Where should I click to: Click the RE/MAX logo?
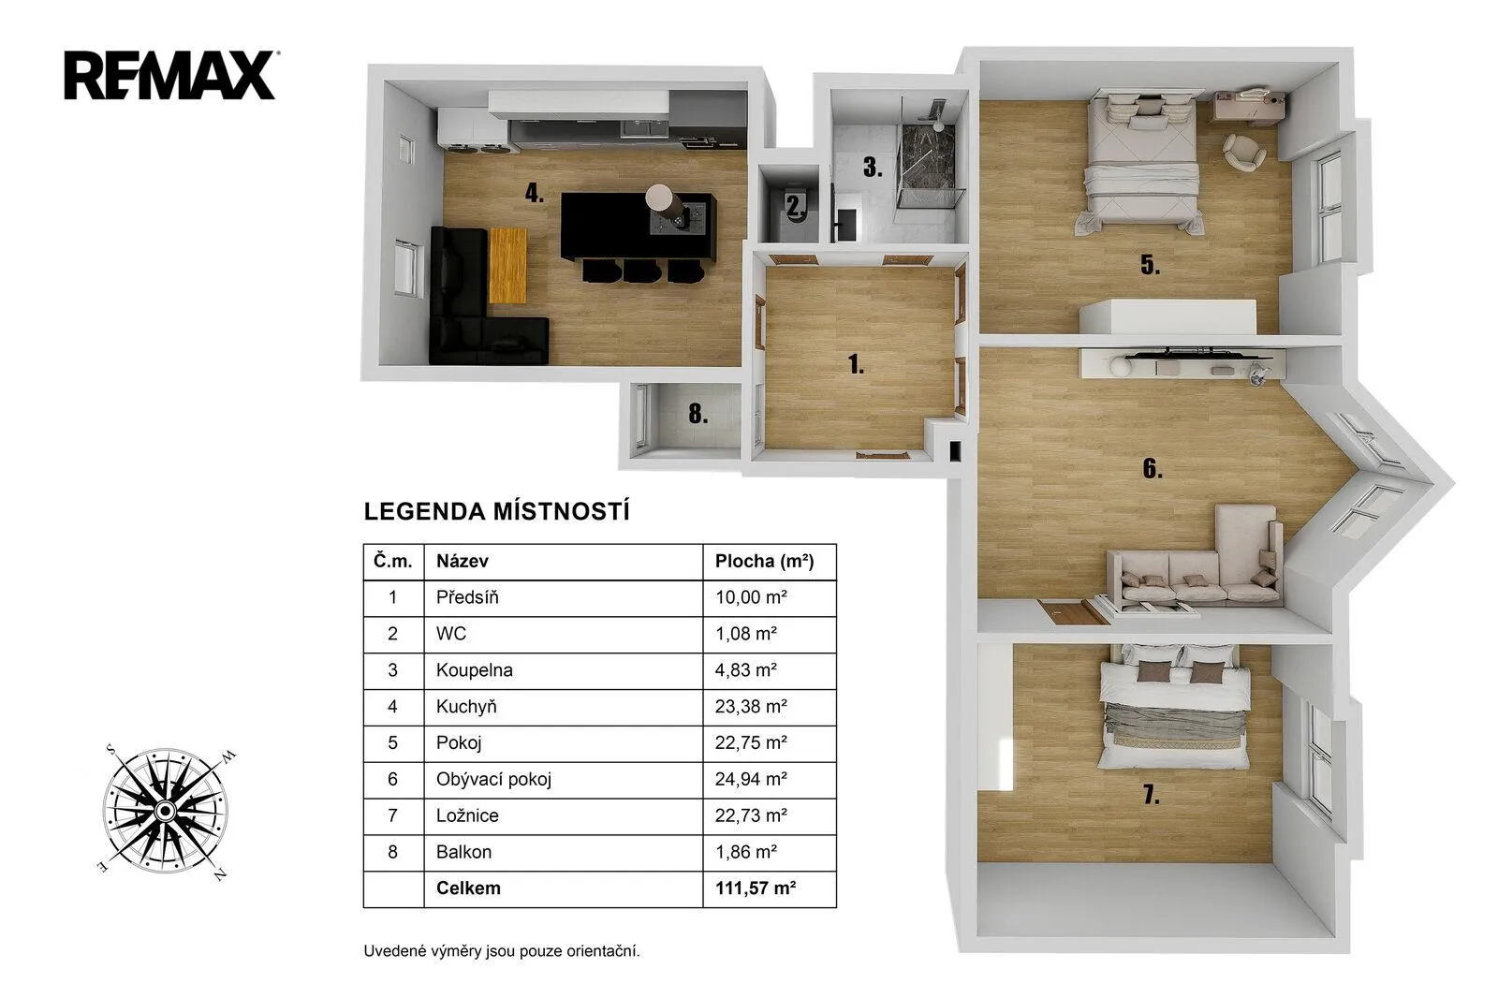(169, 76)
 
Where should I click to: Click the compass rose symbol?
(165, 810)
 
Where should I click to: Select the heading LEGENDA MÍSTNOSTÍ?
(496, 512)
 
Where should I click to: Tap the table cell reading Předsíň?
(563, 597)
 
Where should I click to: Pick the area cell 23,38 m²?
(769, 706)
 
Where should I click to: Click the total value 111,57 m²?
(769, 888)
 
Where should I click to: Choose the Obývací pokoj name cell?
(563, 779)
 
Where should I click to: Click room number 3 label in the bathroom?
(872, 168)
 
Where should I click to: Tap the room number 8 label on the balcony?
(698, 414)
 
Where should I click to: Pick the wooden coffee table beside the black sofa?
(507, 266)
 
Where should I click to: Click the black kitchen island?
(638, 226)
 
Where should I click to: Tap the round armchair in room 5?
(1244, 152)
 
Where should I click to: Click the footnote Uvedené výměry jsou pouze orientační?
(502, 951)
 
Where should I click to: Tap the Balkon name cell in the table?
(563, 852)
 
